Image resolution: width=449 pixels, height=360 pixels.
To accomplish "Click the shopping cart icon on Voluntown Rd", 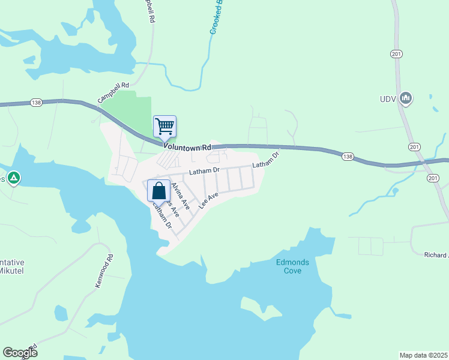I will [164, 127].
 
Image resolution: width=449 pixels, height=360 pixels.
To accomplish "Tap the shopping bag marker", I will [158, 191].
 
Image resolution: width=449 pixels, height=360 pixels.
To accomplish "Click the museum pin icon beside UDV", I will [406, 98].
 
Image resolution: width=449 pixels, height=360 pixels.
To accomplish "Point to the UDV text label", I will [388, 99].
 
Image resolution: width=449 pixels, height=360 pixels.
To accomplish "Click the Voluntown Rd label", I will [187, 147].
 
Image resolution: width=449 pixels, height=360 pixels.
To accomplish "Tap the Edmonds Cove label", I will [288, 266].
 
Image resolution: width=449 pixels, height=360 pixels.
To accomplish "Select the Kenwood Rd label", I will [104, 271].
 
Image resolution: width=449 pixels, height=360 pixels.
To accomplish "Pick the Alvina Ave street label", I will [181, 196].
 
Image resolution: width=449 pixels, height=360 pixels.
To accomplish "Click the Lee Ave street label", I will [208, 200].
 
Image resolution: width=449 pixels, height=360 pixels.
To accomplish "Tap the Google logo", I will [20, 353].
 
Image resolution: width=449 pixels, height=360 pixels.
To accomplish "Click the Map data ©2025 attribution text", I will [423, 355].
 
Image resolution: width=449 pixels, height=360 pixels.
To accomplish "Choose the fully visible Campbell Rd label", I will [113, 93].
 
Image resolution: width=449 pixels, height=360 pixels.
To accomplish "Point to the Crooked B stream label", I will [216, 17].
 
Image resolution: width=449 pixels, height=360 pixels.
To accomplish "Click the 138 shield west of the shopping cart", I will [35, 103].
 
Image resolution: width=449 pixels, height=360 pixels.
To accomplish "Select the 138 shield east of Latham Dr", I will [348, 157].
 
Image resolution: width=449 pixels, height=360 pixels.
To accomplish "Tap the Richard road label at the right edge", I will [436, 254].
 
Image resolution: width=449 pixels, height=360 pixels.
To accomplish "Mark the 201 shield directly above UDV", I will [396, 55].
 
